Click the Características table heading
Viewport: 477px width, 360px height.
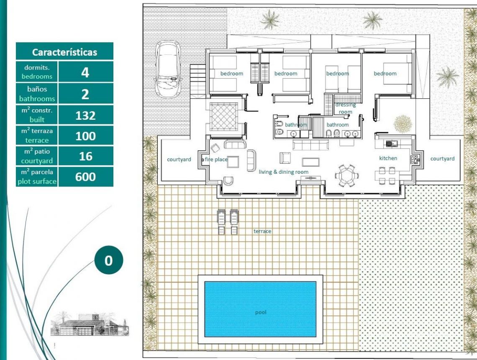(64, 52)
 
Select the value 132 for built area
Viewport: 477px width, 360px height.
(85, 116)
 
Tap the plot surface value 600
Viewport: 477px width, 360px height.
(85, 177)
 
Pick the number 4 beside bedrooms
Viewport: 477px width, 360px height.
(85, 72)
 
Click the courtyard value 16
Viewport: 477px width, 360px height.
(85, 157)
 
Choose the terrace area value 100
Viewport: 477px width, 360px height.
(85, 136)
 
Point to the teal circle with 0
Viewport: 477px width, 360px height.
(108, 260)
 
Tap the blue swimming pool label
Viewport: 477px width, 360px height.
(260, 312)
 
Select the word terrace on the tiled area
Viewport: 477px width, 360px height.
(262, 231)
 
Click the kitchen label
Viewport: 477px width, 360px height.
(388, 158)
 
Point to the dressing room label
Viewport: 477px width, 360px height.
(345, 108)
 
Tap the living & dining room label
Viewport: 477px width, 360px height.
(284, 172)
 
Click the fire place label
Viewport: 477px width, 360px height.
(216, 159)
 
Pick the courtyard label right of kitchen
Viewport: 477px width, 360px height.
(442, 159)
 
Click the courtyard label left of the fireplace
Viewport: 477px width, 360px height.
(179, 159)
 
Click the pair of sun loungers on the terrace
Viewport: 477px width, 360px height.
(227, 221)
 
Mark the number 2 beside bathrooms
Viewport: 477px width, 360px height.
(85, 94)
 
